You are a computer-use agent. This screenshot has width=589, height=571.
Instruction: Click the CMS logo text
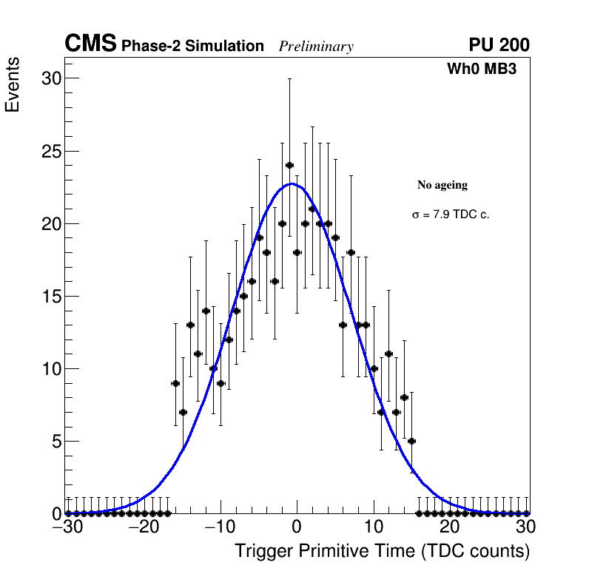click(90, 44)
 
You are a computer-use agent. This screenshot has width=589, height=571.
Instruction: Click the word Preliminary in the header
click(316, 47)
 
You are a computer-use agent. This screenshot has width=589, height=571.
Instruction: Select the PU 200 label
click(499, 45)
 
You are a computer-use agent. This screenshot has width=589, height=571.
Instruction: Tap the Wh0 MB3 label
click(482, 69)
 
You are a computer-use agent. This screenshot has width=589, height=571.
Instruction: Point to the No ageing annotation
click(442, 185)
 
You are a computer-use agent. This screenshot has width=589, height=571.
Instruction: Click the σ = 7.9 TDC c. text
click(451, 214)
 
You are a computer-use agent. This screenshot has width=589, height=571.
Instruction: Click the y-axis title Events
click(13, 85)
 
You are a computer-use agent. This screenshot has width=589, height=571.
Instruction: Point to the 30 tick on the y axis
click(50, 78)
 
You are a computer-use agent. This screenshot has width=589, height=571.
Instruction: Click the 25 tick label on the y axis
click(50, 151)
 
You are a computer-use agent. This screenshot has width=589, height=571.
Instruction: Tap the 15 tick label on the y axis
click(50, 296)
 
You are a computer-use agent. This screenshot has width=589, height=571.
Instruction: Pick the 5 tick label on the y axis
click(55, 441)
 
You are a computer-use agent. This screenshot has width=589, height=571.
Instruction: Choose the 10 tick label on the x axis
click(373, 527)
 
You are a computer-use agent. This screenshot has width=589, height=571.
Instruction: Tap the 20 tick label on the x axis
click(450, 527)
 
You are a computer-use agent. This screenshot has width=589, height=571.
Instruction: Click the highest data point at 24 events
click(289, 165)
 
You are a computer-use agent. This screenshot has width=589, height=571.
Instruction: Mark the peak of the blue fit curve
click(293, 183)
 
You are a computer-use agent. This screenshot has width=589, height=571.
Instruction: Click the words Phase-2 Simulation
click(192, 47)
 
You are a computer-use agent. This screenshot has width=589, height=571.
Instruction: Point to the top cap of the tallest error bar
click(289, 78)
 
